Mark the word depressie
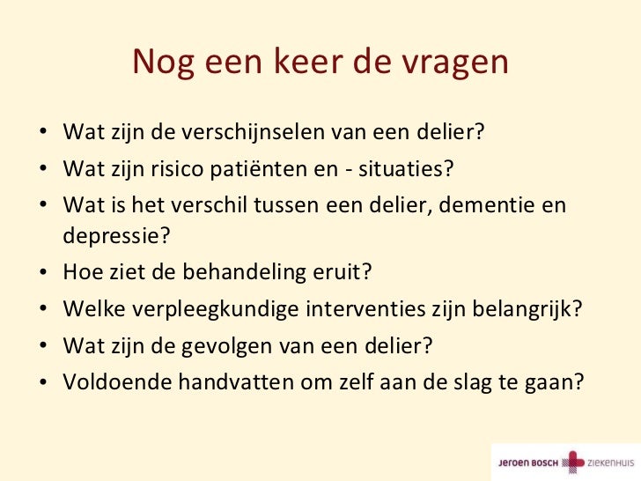115,237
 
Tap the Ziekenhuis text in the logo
611,460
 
